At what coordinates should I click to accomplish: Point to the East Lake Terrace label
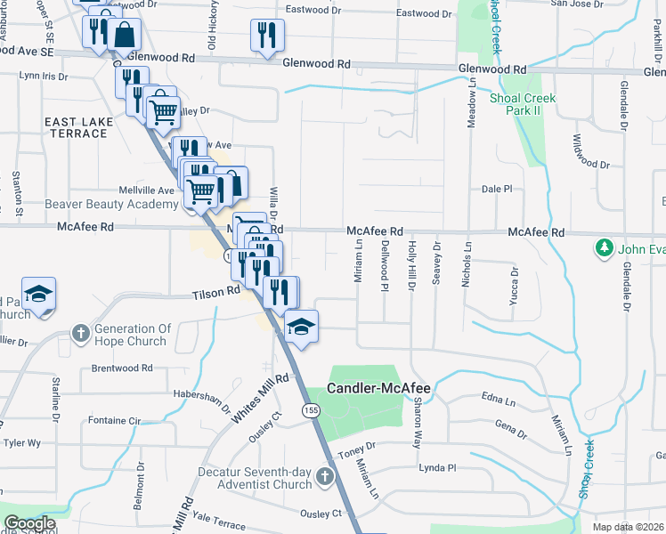click(x=77, y=126)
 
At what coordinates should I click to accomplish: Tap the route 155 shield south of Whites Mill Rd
click(x=310, y=410)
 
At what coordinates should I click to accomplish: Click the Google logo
click(x=29, y=523)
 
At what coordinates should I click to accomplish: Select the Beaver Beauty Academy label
click(x=111, y=205)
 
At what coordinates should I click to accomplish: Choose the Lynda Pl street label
click(x=437, y=467)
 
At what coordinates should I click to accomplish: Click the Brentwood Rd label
click(x=122, y=368)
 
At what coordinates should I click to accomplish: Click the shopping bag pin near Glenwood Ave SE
click(x=126, y=36)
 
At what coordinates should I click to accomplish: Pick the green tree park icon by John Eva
click(x=605, y=247)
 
